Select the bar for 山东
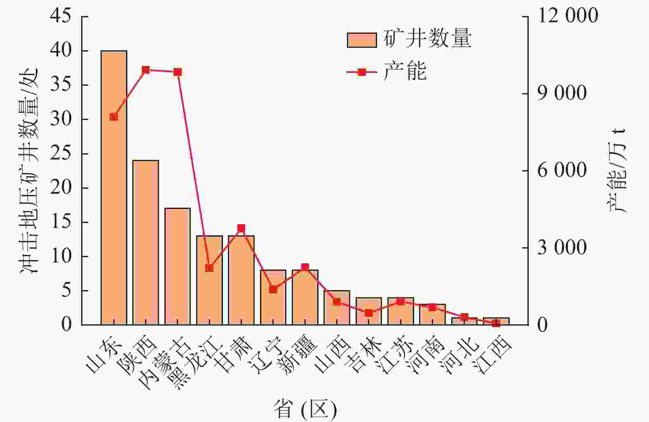[x=114, y=188]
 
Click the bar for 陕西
[x=145, y=242]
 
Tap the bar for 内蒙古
[x=177, y=266]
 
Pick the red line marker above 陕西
[x=145, y=70]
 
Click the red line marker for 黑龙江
[x=209, y=268]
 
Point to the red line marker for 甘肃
[x=241, y=228]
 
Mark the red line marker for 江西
[x=496, y=323]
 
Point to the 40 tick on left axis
[x=61, y=51]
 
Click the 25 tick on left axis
[x=61, y=154]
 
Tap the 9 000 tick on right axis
[x=562, y=94]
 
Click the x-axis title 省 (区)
[x=305, y=410]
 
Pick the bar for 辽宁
[x=273, y=297]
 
